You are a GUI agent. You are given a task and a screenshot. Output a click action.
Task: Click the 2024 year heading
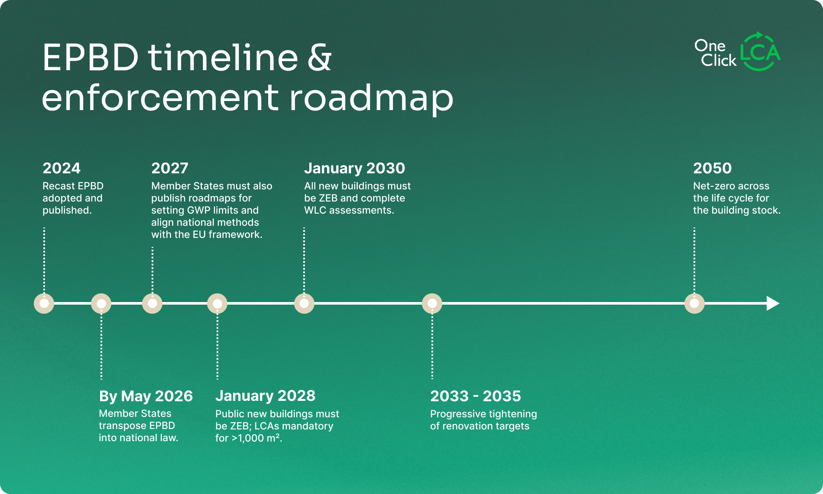[x=62, y=168]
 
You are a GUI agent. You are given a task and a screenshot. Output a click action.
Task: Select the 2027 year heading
[x=170, y=168]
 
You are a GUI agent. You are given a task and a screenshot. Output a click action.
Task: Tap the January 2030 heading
[x=355, y=168]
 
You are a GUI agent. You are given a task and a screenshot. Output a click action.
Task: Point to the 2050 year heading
[x=712, y=168]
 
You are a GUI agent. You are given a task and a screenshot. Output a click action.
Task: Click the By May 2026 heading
[x=146, y=396]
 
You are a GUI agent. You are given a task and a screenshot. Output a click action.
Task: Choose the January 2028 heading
[x=266, y=396]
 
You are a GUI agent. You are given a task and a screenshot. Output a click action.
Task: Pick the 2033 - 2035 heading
[x=476, y=396]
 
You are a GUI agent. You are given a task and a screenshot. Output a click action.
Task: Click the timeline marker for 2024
[x=44, y=303]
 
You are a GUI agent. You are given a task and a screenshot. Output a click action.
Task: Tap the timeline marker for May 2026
[x=101, y=303]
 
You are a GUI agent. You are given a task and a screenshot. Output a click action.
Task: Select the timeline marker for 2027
[x=152, y=303]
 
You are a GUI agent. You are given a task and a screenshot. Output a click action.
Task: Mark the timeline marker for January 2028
[x=217, y=303]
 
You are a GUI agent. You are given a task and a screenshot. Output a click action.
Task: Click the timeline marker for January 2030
[x=305, y=303]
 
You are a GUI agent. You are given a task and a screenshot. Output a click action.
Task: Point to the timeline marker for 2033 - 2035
[x=432, y=303]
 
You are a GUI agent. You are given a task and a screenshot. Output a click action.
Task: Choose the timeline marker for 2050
[x=695, y=303]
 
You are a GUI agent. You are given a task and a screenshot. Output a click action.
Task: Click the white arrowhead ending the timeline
[x=773, y=303]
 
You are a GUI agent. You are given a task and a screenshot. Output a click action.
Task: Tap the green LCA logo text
[x=761, y=53]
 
